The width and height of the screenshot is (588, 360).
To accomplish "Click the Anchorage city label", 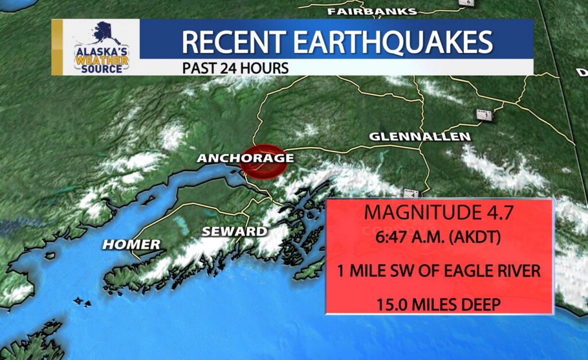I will coord(245,158).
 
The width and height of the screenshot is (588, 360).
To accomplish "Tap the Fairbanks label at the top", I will coord(372,11).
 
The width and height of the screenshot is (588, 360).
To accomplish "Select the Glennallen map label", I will coord(420,137).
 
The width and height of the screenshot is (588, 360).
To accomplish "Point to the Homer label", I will coord(131,245).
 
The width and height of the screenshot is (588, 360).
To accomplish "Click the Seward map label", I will coord(234,231).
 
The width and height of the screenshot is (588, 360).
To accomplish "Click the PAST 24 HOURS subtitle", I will coord(235,68).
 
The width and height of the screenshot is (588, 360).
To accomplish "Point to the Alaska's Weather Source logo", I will coord(101,48).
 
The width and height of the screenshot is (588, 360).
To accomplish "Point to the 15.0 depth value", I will coord(392,304).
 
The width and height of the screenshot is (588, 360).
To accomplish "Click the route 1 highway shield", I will coord(485,114).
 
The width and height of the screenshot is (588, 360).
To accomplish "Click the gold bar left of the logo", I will coord(57,47).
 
